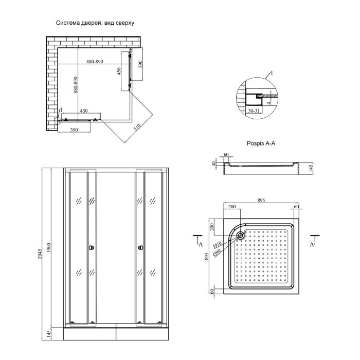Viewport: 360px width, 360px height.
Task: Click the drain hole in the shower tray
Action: point(240,236)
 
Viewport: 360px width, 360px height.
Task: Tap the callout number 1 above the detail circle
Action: point(272,74)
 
